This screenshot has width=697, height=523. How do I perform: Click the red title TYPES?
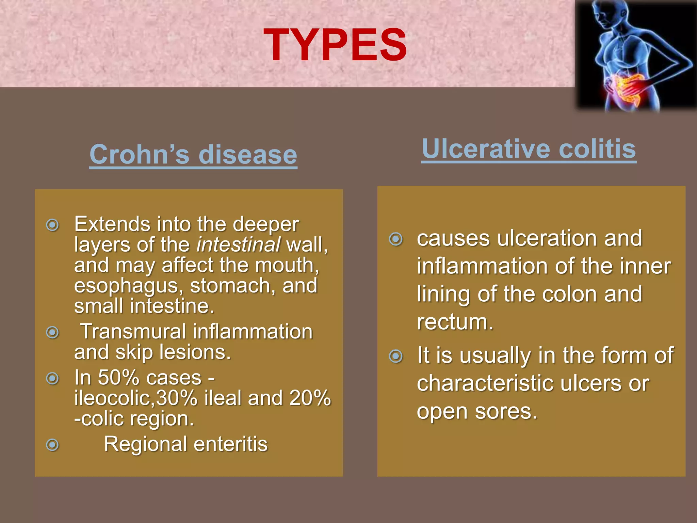(x=335, y=45)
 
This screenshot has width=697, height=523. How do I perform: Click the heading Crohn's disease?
(x=193, y=154)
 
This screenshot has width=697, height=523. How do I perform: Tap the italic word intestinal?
(x=238, y=244)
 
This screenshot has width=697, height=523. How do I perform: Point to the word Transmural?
(x=133, y=332)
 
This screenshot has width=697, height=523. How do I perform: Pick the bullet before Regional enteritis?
(x=52, y=445)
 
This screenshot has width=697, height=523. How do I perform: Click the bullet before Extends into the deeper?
(x=52, y=225)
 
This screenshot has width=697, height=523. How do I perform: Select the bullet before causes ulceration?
(x=395, y=239)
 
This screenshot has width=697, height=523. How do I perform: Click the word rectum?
(x=455, y=322)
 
